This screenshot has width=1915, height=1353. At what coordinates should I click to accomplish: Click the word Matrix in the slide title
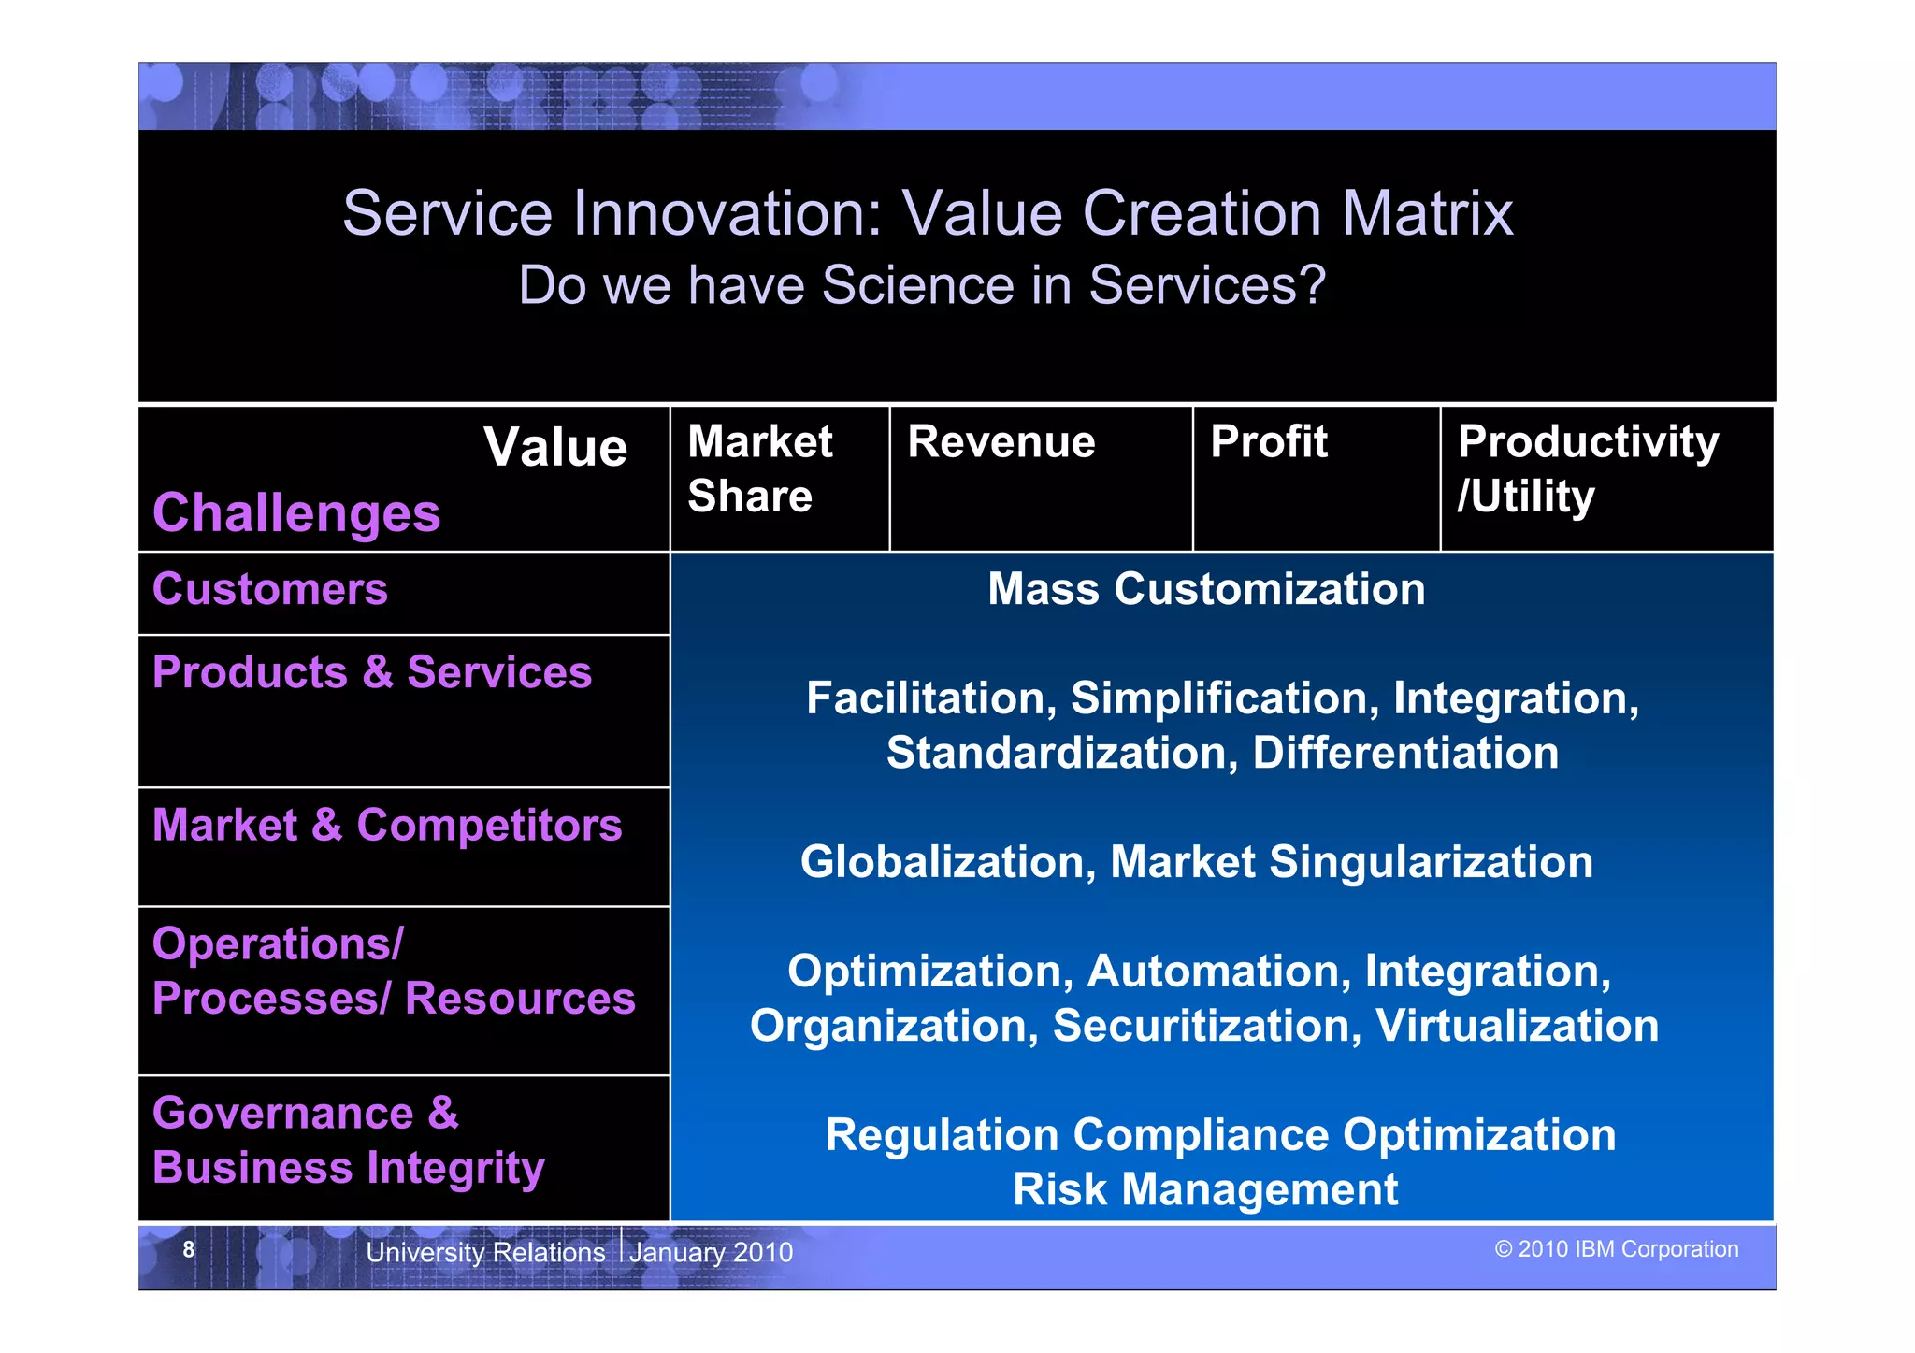(x=1427, y=213)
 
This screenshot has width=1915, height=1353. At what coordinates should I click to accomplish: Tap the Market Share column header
(x=759, y=468)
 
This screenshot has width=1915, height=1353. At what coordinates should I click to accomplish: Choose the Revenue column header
(x=1001, y=441)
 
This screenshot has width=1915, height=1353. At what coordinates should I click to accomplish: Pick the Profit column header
(x=1268, y=441)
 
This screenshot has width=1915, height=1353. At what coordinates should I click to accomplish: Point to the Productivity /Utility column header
(x=1587, y=468)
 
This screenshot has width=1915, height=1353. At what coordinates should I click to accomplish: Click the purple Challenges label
(x=295, y=513)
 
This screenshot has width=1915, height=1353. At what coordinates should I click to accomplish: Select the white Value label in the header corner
(x=555, y=447)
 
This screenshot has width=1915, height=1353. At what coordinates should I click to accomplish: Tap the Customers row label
(x=269, y=589)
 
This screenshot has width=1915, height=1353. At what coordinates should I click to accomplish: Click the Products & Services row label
(x=371, y=672)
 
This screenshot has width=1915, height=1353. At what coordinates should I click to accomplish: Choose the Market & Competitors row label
(x=386, y=826)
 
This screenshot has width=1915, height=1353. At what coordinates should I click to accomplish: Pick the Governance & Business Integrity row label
(x=347, y=1141)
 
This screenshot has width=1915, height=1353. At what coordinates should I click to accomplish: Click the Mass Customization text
(x=1206, y=589)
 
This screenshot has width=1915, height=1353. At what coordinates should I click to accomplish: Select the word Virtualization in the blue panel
(x=1517, y=1026)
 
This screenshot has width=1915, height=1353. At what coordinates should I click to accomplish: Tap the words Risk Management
(x=1205, y=1190)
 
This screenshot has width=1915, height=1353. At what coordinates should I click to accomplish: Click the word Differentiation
(x=1404, y=754)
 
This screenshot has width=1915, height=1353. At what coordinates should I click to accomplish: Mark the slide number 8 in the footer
(x=189, y=1249)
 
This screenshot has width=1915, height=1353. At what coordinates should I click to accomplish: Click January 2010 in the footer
(x=711, y=1252)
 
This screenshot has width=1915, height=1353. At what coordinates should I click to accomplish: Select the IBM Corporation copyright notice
(x=1616, y=1249)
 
